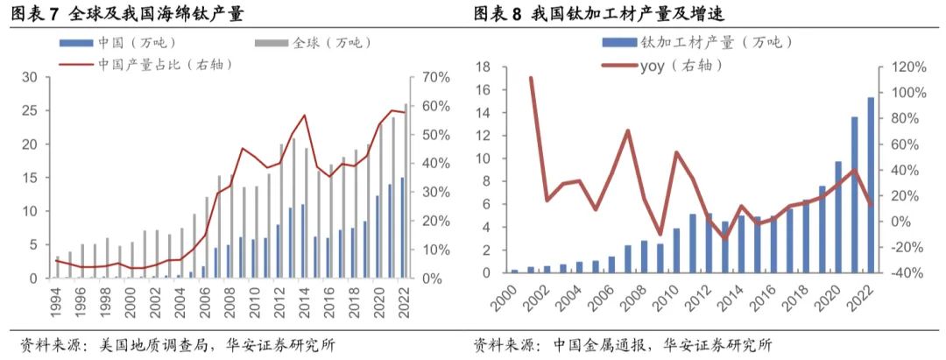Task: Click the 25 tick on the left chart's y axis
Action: [30, 111]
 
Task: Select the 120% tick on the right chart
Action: [908, 67]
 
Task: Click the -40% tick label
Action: [908, 272]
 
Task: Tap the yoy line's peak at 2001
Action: [532, 78]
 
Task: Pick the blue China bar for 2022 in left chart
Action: [401, 228]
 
